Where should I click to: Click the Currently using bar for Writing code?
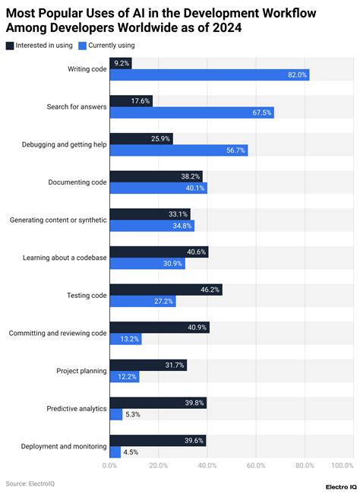click(209, 75)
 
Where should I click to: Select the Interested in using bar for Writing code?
click(121, 63)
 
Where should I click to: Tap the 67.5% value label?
click(261, 112)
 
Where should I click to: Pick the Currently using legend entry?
click(109, 46)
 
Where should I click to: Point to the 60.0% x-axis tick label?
click(255, 465)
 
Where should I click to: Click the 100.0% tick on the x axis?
click(342, 465)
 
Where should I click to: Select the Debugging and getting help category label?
click(58, 144)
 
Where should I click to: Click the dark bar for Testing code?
click(166, 290)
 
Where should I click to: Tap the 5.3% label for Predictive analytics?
click(131, 414)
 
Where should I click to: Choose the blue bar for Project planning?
click(125, 377)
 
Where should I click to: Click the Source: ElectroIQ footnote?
click(30, 483)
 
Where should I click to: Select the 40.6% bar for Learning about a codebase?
click(159, 252)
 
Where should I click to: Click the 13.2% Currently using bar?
click(126, 339)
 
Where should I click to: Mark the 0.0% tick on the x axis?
click(110, 465)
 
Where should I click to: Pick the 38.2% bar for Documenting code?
click(156, 176)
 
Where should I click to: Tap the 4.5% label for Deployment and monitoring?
click(130, 452)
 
